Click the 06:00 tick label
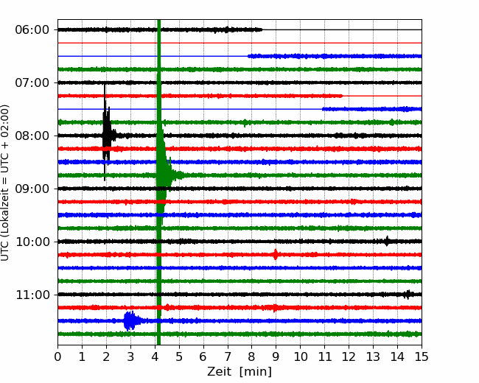(32, 30)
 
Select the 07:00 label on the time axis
(32, 82)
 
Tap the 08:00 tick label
(32, 136)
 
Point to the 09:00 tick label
(32, 189)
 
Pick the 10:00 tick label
(32, 242)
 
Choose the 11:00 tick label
(32, 295)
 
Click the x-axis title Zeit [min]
(239, 372)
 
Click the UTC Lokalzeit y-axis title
(5, 183)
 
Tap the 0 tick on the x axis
(57, 356)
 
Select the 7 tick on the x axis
(228, 356)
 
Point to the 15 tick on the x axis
(422, 356)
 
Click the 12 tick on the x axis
(349, 356)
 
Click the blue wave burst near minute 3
(130, 320)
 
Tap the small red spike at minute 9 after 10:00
(276, 254)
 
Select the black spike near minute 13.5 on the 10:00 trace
(387, 242)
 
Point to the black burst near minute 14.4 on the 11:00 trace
(408, 295)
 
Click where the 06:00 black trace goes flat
(262, 29)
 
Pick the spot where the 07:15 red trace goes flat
(343, 96)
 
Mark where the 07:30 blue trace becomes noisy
(323, 109)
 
